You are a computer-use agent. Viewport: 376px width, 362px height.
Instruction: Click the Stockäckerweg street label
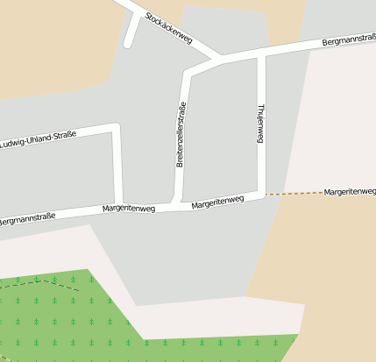[x=169, y=28]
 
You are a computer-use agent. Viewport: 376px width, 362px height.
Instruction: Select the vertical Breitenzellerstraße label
[x=181, y=135]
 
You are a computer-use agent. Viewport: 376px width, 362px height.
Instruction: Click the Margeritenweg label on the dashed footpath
[x=349, y=191]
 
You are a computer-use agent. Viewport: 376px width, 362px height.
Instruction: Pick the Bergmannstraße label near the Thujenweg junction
[x=349, y=40]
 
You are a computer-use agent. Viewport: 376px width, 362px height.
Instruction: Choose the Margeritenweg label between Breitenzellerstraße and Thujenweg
[x=217, y=202]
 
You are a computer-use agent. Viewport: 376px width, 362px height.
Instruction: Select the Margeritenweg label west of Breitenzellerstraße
[x=129, y=209]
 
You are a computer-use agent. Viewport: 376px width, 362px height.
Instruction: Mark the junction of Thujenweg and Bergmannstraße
[x=261, y=55]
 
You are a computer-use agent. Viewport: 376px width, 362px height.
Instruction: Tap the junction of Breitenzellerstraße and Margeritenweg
[x=178, y=202]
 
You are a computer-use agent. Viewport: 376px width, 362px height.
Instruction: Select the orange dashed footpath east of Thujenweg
[x=294, y=193]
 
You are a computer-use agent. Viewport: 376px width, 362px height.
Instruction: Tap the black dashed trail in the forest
[x=44, y=281]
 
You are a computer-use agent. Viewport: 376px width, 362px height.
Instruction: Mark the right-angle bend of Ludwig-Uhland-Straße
[x=116, y=129]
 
